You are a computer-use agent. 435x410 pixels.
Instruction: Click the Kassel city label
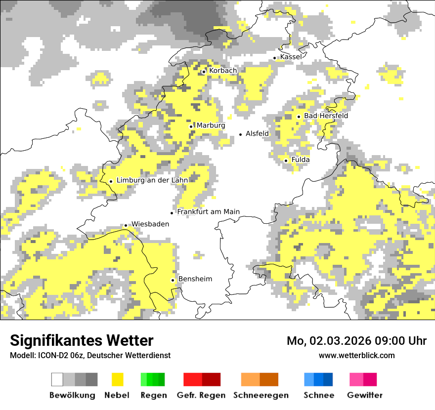pyautogui.click(x=291, y=57)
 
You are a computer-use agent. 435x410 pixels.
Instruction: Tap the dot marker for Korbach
pyautogui.click(x=204, y=72)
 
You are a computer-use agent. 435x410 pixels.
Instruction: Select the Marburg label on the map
pyautogui.click(x=211, y=125)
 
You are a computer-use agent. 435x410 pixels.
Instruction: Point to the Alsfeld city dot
pyautogui.click(x=241, y=134)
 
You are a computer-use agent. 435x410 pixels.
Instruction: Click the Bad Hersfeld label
pyautogui.click(x=326, y=116)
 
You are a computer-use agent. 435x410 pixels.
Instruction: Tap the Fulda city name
pyautogui.click(x=301, y=160)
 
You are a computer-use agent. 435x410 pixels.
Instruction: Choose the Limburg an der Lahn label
pyautogui.click(x=152, y=180)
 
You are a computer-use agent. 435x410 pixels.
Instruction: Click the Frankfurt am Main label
pyautogui.click(x=208, y=211)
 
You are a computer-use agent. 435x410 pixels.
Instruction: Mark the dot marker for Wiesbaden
pyautogui.click(x=126, y=225)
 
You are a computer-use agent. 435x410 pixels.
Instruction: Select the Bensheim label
pyautogui.click(x=195, y=279)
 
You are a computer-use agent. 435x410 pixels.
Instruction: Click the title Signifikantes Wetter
pyautogui.click(x=82, y=340)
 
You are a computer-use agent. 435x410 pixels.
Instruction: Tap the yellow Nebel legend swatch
pyautogui.click(x=117, y=379)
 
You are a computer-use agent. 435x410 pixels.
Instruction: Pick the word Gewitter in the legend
pyautogui.click(x=364, y=395)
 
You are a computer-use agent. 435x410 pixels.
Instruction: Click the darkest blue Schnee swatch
pyautogui.click(x=328, y=379)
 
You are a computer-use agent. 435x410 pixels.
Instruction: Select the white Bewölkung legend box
pyautogui.click(x=57, y=379)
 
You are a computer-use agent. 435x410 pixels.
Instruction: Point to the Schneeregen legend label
pyautogui.click(x=261, y=395)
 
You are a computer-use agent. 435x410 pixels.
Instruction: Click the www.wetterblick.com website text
pyautogui.click(x=356, y=355)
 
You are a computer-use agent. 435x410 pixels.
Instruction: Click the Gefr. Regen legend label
pyautogui.click(x=201, y=395)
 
